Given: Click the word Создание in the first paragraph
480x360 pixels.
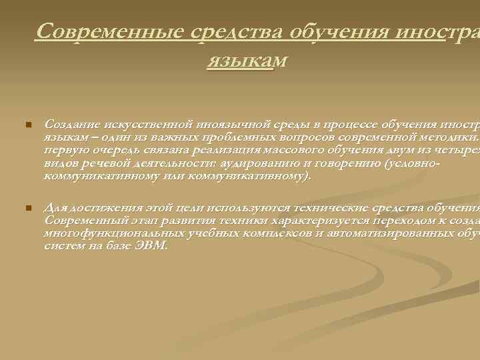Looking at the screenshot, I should click(x=69, y=124).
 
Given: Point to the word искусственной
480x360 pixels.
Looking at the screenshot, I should click(x=145, y=124).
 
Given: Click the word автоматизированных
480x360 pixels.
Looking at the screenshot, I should click(x=380, y=233).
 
